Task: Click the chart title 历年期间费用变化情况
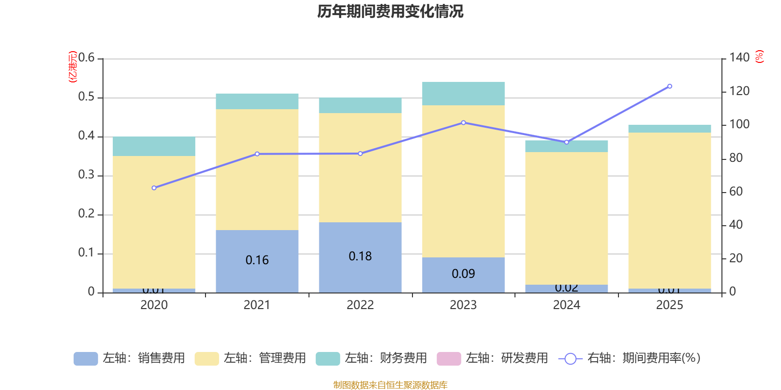390,11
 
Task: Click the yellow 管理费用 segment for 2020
154,222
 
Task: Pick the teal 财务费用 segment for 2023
463,94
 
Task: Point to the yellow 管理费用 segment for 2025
669,210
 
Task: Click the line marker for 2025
670,86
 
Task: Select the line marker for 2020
154,188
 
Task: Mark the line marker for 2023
463,123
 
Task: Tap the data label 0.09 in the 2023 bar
463,274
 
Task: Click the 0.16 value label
257,260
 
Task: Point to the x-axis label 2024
566,305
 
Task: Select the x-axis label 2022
360,305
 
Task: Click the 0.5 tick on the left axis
86,97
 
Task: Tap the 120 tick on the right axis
739,91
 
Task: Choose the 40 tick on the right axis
736,225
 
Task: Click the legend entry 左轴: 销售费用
129,358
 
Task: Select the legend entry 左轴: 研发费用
493,358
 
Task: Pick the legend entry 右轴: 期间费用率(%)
630,358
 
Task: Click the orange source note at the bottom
390,385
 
